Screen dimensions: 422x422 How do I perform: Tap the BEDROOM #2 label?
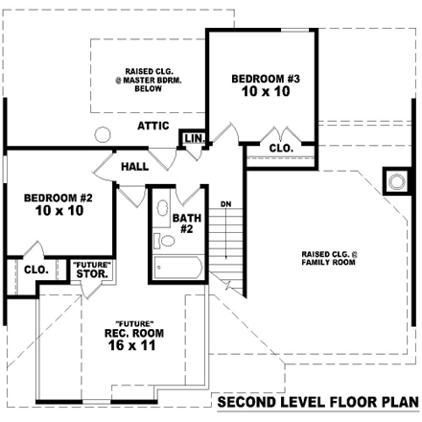click(58, 199)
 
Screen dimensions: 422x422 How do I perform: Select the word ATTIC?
click(153, 126)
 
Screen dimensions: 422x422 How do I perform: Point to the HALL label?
click(134, 167)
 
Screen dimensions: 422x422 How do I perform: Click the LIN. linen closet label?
click(194, 140)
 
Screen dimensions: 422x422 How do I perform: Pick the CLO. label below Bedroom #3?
click(280, 149)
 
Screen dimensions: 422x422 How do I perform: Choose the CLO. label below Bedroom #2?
click(36, 270)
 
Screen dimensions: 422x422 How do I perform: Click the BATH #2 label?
click(186, 223)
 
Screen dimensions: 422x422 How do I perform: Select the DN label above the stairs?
click(225, 204)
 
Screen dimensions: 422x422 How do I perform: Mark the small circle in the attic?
click(103, 134)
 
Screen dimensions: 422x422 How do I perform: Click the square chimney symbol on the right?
click(394, 179)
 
